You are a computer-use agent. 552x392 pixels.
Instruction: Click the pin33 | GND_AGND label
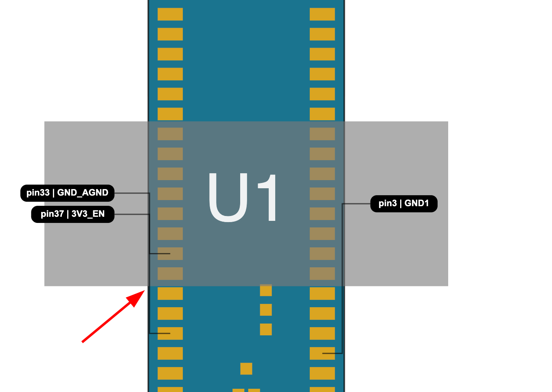[x=67, y=193]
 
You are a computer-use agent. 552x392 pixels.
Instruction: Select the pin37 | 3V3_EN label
[x=72, y=214]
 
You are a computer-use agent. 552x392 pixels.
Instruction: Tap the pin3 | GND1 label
[x=403, y=204]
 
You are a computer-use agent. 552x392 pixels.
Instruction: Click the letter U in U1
[x=228, y=198]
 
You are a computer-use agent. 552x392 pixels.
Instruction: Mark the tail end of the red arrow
[x=83, y=341]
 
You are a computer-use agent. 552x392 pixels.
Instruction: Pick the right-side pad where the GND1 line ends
[x=322, y=353]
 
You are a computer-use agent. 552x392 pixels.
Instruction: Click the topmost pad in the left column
[x=170, y=14]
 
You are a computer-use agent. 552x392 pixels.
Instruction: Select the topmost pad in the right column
[x=322, y=14]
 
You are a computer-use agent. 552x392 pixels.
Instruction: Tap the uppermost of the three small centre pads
[x=266, y=290]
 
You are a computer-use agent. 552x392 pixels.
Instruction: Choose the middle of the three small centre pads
[x=266, y=310]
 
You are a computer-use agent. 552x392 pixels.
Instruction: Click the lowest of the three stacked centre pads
[x=266, y=329]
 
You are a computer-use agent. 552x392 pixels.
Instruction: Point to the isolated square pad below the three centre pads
[x=246, y=368]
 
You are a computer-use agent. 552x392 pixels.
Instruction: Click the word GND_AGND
[x=83, y=193]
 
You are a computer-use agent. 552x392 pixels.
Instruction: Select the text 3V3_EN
[x=88, y=214]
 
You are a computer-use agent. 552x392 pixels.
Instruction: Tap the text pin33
[x=38, y=193]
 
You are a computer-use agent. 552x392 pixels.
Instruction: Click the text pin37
[x=52, y=214]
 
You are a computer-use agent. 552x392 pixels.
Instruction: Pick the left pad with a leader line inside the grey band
[x=170, y=253]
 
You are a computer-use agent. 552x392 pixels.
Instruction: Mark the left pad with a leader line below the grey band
[x=170, y=333]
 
